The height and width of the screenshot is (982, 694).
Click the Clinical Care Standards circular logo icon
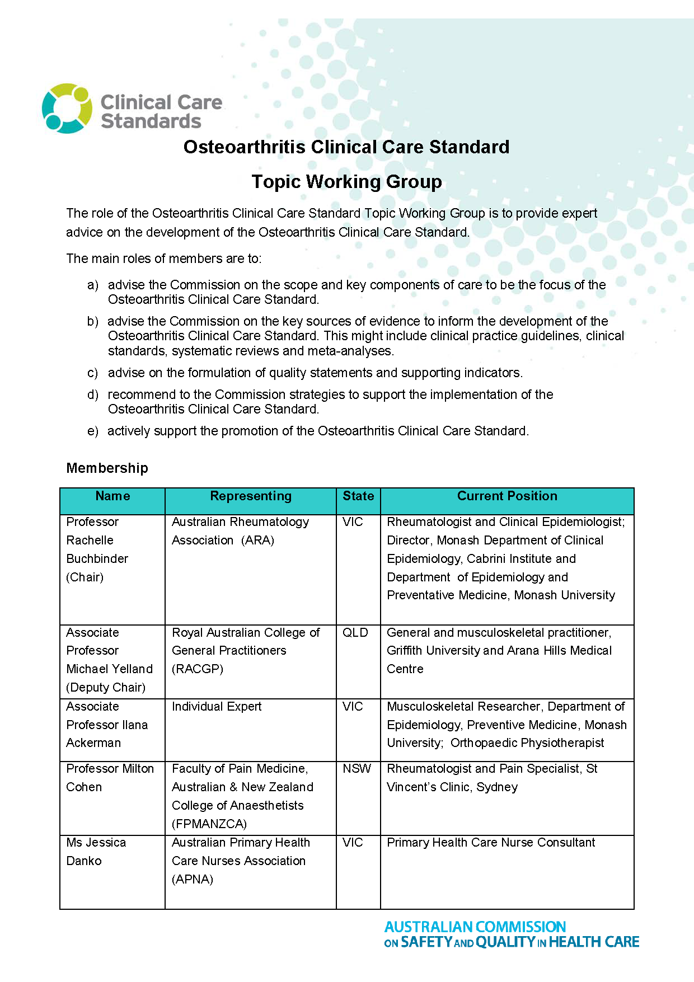pos(67,109)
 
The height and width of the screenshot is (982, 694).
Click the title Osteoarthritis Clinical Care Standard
pos(346,147)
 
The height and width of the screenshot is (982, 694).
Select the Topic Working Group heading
pos(346,182)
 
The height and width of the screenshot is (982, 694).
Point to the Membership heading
pos(107,468)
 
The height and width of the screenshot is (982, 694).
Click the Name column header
pos(112,496)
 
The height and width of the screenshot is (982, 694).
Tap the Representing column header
pos(251,496)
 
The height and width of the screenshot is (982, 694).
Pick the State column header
pos(358,496)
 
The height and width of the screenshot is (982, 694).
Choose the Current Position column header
pos(507,496)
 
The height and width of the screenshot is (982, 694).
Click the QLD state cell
pos(355,633)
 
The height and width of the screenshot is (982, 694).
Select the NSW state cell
pos(357,769)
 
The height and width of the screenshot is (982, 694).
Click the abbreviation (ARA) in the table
pos(257,541)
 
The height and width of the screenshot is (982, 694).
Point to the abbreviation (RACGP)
pos(198,669)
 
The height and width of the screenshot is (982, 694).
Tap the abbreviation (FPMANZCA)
pos(209,824)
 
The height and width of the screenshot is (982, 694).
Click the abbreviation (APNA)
pos(193,880)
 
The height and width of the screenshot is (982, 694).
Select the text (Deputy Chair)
pos(106,688)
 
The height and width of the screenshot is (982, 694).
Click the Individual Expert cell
pos(217,707)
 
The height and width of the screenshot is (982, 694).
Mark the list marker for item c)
pos(92,373)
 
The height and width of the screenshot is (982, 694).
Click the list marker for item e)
pos(92,431)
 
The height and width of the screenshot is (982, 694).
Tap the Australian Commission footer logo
pos(512,934)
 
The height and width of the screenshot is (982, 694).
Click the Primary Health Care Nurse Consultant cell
pos(491,843)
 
